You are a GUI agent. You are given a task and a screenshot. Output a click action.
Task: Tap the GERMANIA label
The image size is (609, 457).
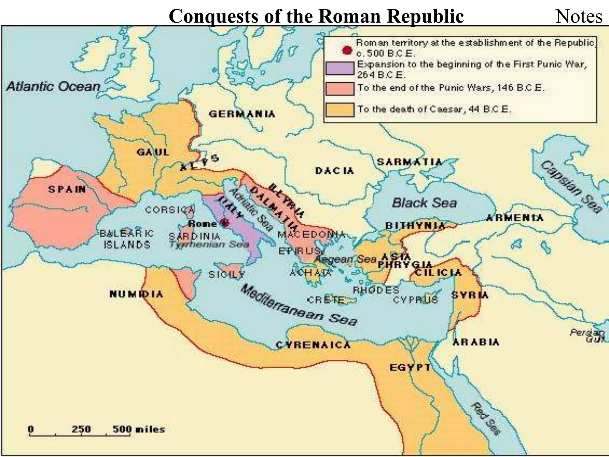click(x=242, y=114)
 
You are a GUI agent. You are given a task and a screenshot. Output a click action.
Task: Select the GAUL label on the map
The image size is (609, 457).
click(x=153, y=152)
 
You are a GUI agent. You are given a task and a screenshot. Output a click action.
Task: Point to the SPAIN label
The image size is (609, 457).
click(x=67, y=189)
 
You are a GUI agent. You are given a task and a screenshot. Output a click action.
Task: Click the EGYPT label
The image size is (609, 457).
click(x=410, y=368)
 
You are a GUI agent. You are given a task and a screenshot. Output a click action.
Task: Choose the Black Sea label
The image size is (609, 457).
click(x=424, y=203)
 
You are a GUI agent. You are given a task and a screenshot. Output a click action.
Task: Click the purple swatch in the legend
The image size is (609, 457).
click(x=340, y=68)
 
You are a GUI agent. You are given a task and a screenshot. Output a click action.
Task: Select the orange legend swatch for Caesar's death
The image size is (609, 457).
click(x=340, y=109)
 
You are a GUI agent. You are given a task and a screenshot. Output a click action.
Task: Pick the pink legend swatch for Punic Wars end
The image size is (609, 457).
click(x=340, y=89)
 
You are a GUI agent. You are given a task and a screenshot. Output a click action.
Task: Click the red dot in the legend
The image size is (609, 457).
click(x=347, y=50)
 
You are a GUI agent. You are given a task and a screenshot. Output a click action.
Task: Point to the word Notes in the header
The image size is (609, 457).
click(x=579, y=16)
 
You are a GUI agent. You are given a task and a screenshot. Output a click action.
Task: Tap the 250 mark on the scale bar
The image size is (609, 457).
click(x=81, y=429)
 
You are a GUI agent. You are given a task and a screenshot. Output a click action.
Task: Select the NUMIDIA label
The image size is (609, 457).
click(x=136, y=294)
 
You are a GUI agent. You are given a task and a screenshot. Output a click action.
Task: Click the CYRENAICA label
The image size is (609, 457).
click(x=313, y=345)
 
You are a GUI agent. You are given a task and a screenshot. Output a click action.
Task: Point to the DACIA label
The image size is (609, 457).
click(x=335, y=171)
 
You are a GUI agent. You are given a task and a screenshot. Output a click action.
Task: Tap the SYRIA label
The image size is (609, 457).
click(x=470, y=295)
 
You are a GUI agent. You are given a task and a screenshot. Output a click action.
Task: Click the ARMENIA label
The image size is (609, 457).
click(x=514, y=218)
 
